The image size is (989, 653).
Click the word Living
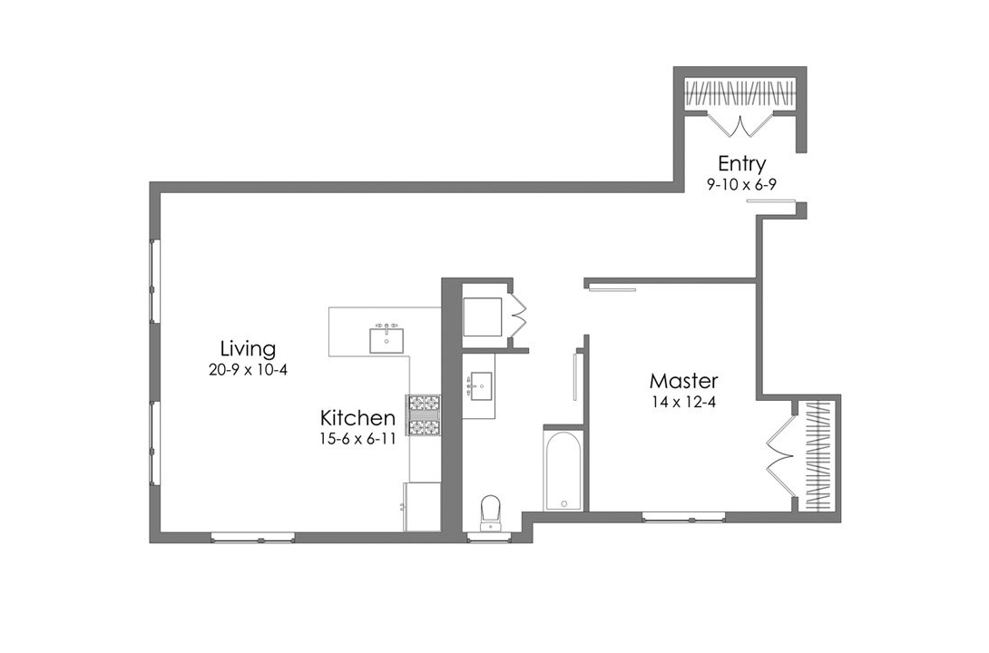click(x=248, y=348)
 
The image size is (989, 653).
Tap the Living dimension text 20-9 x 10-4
click(x=248, y=369)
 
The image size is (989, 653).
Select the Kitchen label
click(x=357, y=418)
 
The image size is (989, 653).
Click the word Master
click(x=683, y=381)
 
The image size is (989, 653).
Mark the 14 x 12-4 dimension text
click(x=683, y=402)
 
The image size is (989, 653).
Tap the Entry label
click(x=741, y=164)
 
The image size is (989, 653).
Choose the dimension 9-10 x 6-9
click(x=741, y=184)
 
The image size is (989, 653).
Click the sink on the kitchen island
click(x=387, y=339)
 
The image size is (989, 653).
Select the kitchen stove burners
click(x=423, y=415)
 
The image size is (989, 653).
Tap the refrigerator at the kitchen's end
click(x=422, y=506)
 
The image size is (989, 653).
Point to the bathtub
click(x=563, y=472)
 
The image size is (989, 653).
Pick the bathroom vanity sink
click(x=479, y=388)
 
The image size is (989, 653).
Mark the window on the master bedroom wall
click(x=683, y=517)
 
